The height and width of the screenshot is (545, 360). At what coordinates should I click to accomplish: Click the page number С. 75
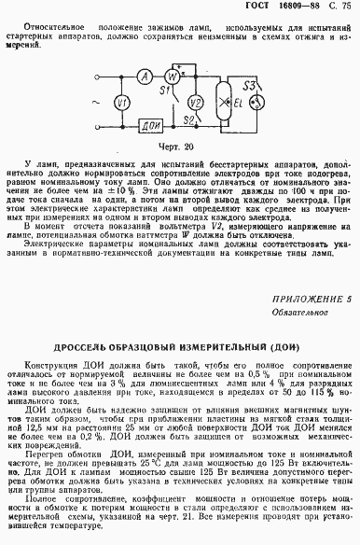pyautogui.click(x=338, y=7)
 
